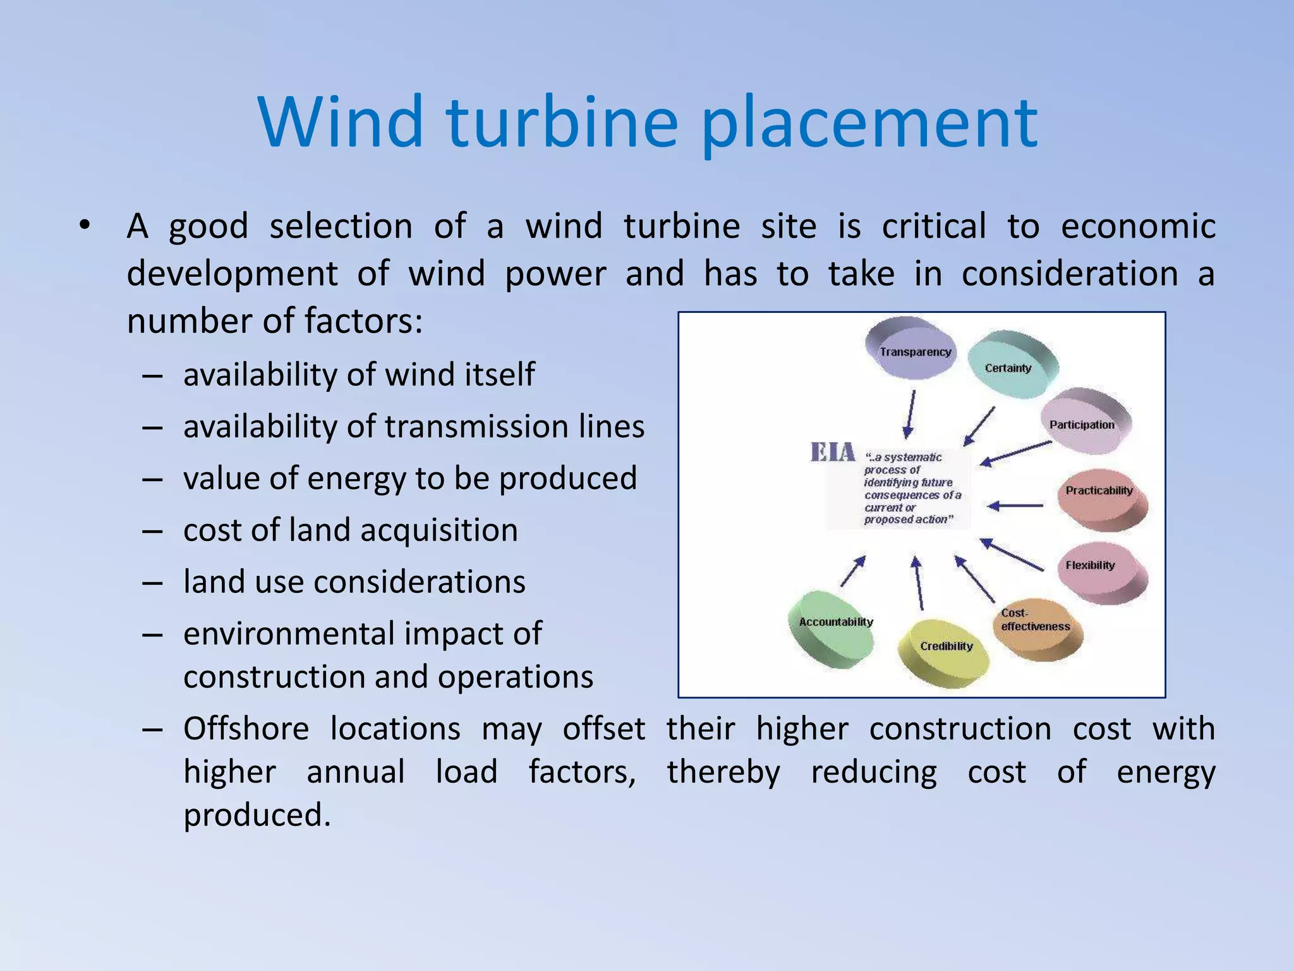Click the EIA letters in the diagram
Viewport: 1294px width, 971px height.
pos(832,453)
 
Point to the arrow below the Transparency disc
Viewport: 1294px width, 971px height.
pos(910,413)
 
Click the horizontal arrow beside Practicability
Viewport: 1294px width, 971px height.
pos(1015,506)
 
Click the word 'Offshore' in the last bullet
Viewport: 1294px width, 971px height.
pos(246,729)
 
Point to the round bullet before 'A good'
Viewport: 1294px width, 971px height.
pos(85,226)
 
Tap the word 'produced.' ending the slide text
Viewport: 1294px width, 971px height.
pos(257,815)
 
